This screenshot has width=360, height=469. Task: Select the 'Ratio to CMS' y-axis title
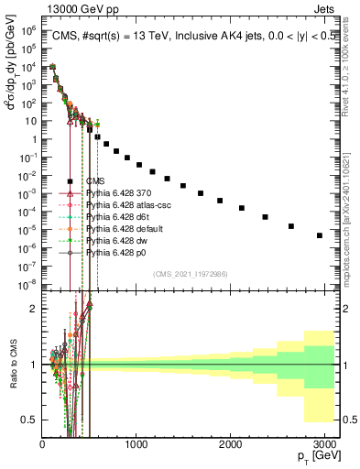pyautogui.click(x=12, y=364)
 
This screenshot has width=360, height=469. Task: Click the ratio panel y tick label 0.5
pyautogui.click(x=31, y=420)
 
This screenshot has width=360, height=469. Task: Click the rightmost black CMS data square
pyautogui.click(x=319, y=235)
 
